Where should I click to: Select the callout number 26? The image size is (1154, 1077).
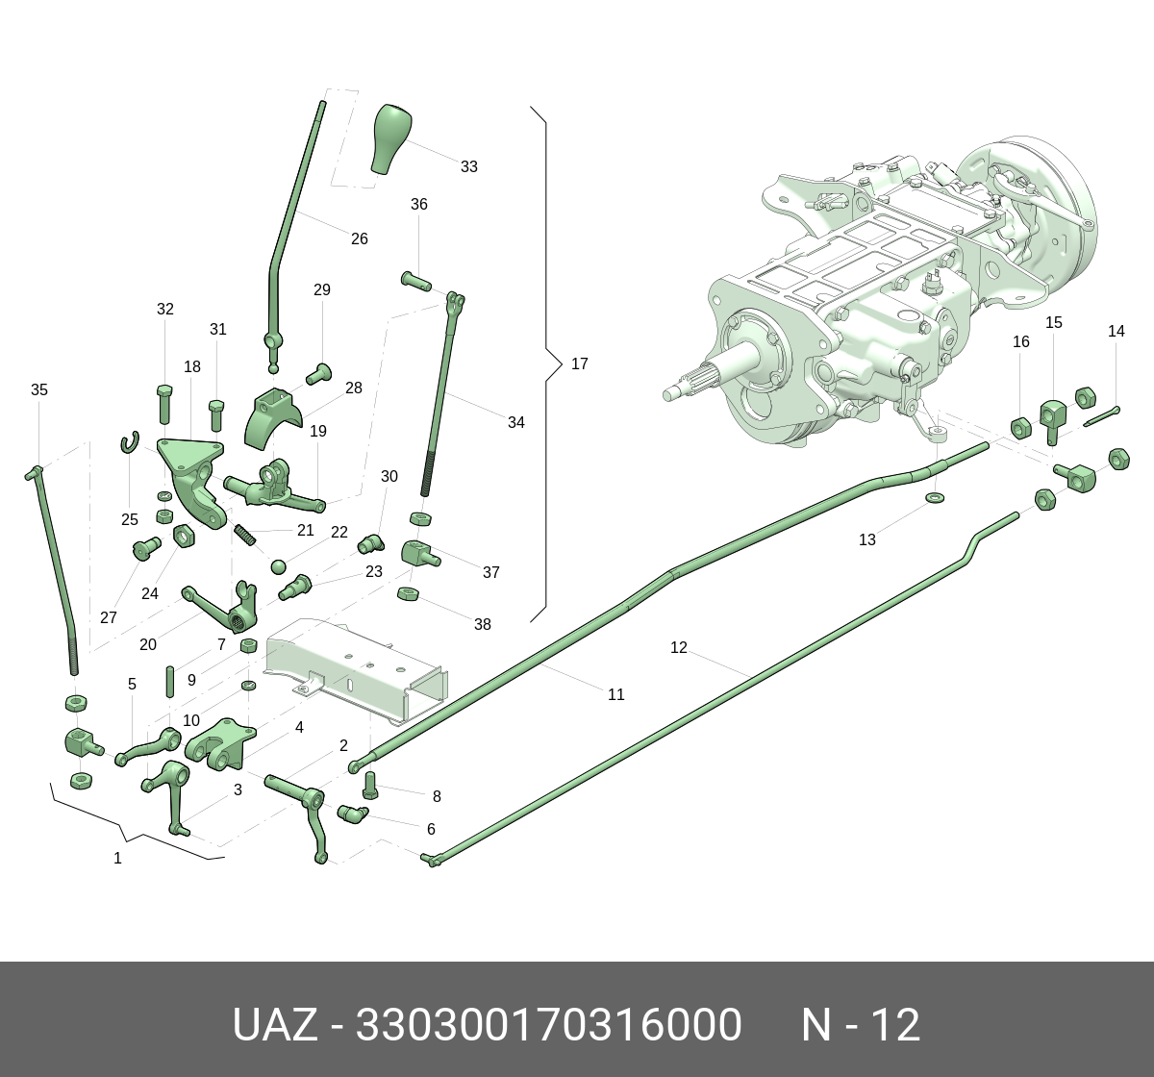click(x=359, y=238)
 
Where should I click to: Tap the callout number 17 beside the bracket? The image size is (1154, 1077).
click(x=579, y=363)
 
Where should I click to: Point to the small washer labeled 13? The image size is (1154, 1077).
click(x=933, y=497)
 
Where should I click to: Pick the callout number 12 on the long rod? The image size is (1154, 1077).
click(x=679, y=647)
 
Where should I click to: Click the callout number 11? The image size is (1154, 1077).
click(x=616, y=694)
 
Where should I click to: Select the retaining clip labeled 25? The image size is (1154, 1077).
click(x=129, y=442)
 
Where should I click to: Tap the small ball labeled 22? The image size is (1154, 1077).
click(x=279, y=564)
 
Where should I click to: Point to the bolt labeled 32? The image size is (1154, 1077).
click(x=163, y=404)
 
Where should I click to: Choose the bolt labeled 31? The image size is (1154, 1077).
click(x=215, y=415)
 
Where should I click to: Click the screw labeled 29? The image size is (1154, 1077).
click(x=317, y=372)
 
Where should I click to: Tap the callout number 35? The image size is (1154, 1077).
click(x=38, y=389)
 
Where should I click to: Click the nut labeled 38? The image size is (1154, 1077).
click(x=407, y=593)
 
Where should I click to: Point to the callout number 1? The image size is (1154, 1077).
click(x=117, y=858)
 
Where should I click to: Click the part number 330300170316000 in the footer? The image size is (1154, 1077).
click(x=548, y=1025)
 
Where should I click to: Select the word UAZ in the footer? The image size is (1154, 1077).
click(x=274, y=1025)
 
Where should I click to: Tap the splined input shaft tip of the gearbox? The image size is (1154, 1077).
click(x=678, y=391)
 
